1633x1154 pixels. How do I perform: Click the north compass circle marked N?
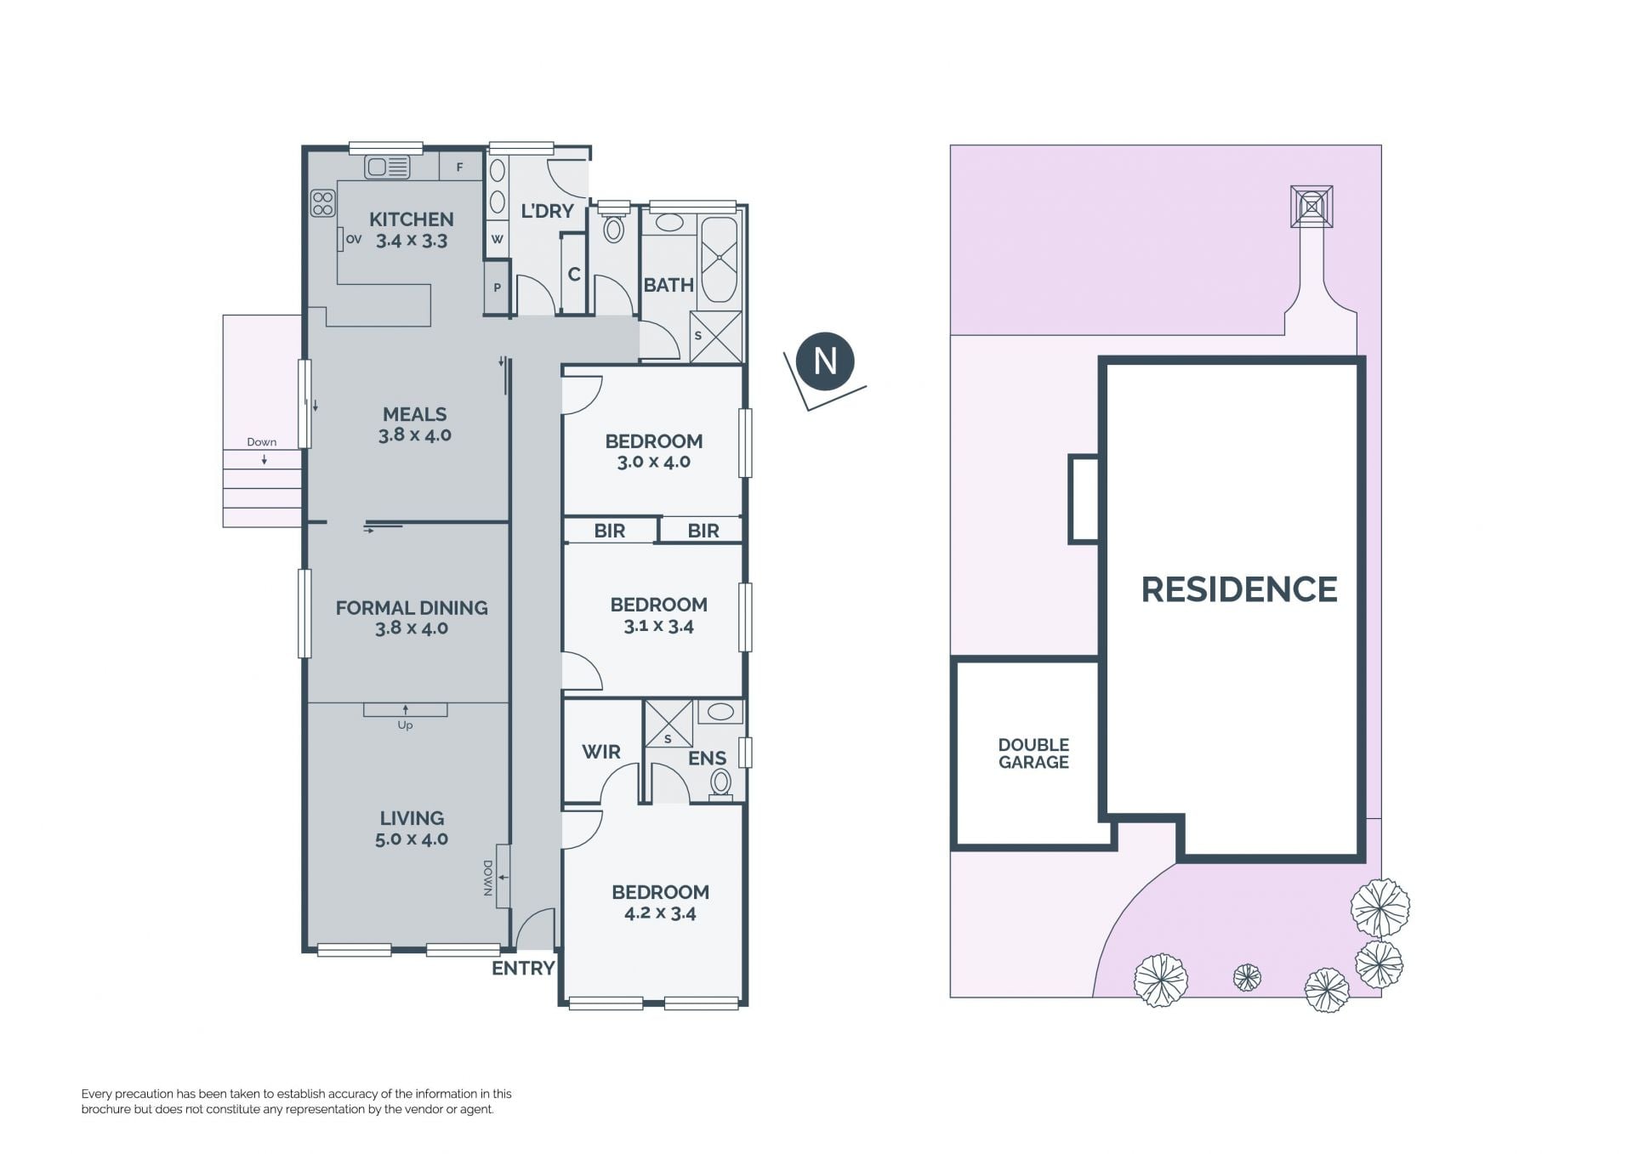pyautogui.click(x=825, y=361)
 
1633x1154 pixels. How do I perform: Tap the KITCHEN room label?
pyautogui.click(x=412, y=219)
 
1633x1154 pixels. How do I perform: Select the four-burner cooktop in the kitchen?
pyautogui.click(x=323, y=203)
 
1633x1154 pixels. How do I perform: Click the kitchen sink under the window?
pyautogui.click(x=387, y=167)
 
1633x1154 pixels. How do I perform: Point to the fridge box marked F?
pyautogui.click(x=459, y=168)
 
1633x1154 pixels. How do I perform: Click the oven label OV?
pyautogui.click(x=354, y=240)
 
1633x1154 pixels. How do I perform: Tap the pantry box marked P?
pyautogui.click(x=497, y=287)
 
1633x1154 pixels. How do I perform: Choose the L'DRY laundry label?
pyautogui.click(x=547, y=211)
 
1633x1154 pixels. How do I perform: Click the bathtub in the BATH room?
pyautogui.click(x=720, y=259)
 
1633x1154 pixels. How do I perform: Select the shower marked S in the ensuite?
pyautogui.click(x=669, y=724)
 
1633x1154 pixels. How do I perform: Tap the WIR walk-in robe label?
pyautogui.click(x=601, y=752)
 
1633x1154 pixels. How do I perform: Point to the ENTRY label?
pyautogui.click(x=523, y=968)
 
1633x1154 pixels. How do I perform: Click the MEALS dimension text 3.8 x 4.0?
pyautogui.click(x=415, y=435)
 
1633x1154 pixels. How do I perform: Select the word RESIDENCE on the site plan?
pyautogui.click(x=1239, y=589)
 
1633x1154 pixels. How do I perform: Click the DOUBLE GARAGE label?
pyautogui.click(x=1033, y=753)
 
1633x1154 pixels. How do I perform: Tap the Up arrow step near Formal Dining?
pyautogui.click(x=405, y=710)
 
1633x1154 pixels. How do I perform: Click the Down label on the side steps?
pyautogui.click(x=262, y=442)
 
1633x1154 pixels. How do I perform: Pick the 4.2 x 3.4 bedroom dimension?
pyautogui.click(x=661, y=913)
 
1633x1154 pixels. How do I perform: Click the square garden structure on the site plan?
pyautogui.click(x=1312, y=207)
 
